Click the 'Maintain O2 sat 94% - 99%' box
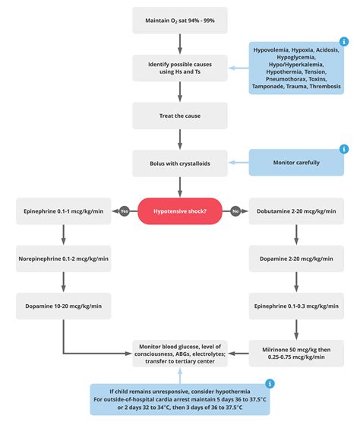pos(179,19)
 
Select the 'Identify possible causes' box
pos(179,68)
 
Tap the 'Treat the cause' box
pos(179,115)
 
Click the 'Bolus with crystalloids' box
pos(179,163)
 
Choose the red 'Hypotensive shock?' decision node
pos(179,211)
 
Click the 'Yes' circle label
pos(124,211)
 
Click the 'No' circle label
pos(235,211)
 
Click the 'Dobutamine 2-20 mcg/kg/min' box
pos(297,211)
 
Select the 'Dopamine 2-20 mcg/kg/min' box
pos(297,258)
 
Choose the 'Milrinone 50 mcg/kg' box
pos(297,352)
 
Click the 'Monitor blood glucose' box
pos(179,352)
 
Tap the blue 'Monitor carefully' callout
pos(297,163)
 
